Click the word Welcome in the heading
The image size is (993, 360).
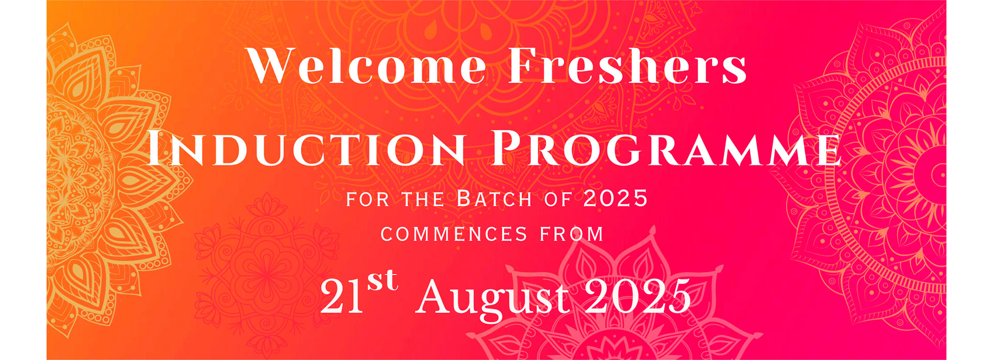click(x=367, y=66)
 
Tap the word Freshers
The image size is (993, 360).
click(x=627, y=66)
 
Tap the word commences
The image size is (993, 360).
click(x=454, y=234)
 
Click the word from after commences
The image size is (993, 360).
click(x=572, y=234)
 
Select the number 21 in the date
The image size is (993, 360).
click(x=342, y=296)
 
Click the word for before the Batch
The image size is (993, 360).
click(x=367, y=199)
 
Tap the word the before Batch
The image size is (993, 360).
click(x=423, y=199)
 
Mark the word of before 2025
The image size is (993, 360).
click(x=558, y=199)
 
